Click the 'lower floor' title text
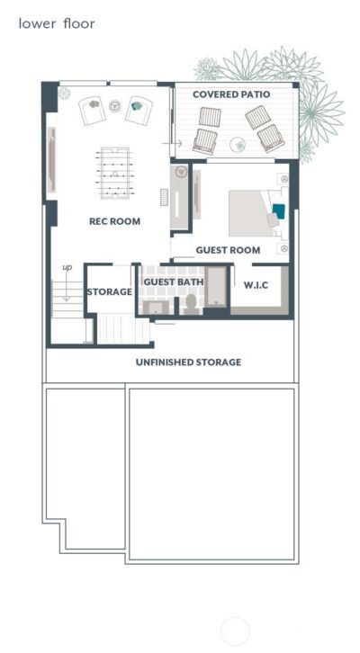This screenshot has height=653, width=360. pyautogui.click(x=56, y=23)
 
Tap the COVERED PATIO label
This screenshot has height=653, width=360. pyautogui.click(x=231, y=94)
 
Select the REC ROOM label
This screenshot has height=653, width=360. pyautogui.click(x=114, y=220)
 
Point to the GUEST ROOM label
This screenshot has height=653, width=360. pyautogui.click(x=228, y=250)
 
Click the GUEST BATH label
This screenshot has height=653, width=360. pyautogui.click(x=174, y=282)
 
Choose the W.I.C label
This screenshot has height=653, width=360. pyautogui.click(x=256, y=286)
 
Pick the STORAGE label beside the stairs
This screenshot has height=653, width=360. pyautogui.click(x=110, y=292)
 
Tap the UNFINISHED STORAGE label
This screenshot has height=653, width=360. pyautogui.click(x=188, y=362)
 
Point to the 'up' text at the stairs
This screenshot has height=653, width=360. pyautogui.click(x=67, y=267)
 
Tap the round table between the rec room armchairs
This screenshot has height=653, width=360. pyautogui.click(x=114, y=106)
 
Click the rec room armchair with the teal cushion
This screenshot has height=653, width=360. pyautogui.click(x=138, y=109)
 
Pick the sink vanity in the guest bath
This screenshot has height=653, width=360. pyautogui.click(x=156, y=306)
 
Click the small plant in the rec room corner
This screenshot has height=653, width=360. pyautogui.click(x=64, y=92)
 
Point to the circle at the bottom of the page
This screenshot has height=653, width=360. pyautogui.click(x=235, y=632)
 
